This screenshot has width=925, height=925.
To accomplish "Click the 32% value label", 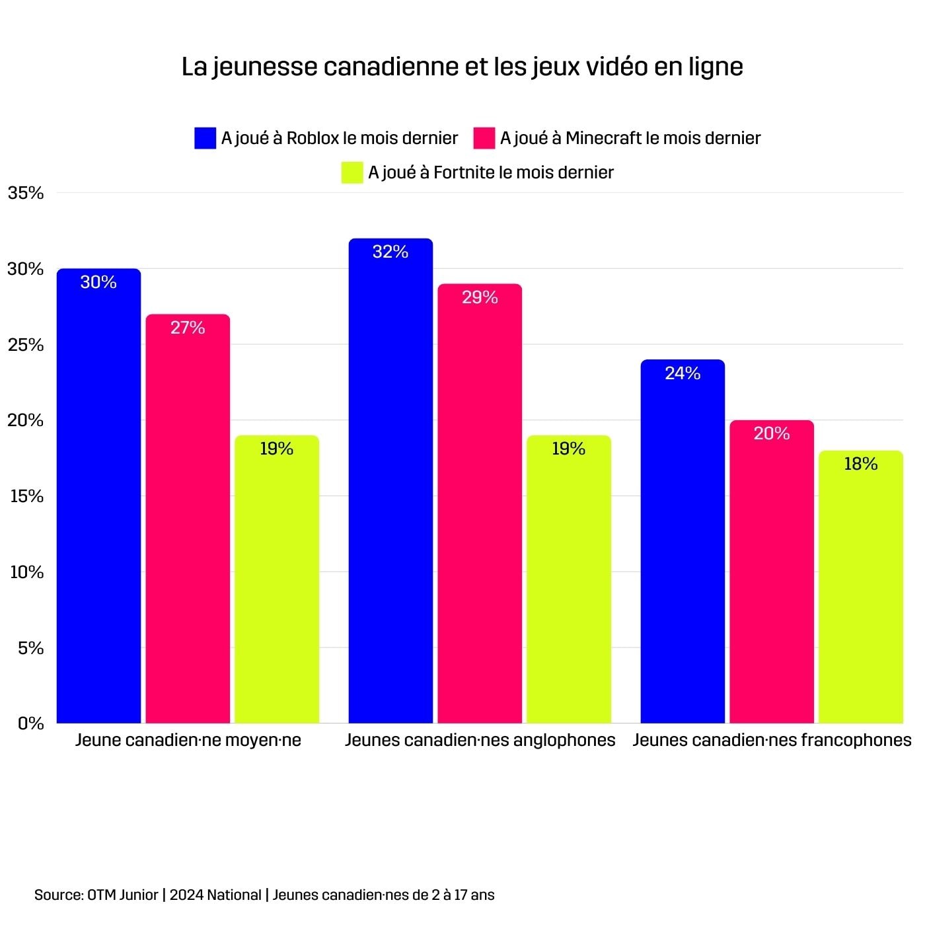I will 390,252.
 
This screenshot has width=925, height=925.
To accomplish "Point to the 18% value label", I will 861,464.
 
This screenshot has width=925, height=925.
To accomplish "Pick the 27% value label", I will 188,328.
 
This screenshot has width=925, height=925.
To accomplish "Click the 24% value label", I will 683,373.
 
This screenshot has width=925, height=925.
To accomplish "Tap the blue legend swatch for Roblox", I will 205,138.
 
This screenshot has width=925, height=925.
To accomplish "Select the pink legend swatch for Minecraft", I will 484,138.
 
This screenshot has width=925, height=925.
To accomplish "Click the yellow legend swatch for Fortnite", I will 352,172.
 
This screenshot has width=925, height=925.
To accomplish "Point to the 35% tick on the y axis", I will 26,193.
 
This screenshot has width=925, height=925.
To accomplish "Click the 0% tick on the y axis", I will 30,723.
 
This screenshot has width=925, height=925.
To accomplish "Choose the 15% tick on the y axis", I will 26,496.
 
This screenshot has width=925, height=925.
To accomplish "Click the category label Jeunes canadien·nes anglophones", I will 480,740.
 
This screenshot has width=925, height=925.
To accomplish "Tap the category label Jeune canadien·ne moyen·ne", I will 188,740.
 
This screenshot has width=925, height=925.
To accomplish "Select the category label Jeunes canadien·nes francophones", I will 772,740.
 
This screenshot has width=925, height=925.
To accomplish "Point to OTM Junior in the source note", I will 123,895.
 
